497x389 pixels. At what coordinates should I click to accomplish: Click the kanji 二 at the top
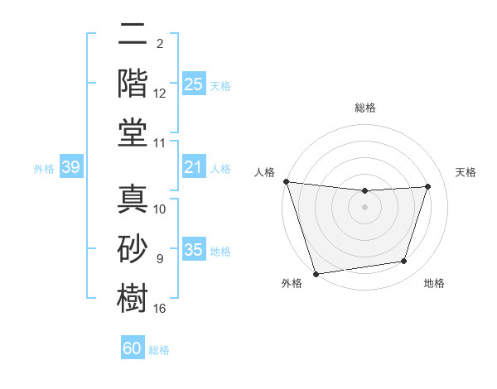tap(133, 36)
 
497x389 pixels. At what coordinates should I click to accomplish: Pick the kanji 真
tap(133, 199)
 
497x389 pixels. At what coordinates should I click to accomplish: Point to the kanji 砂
tap(133, 248)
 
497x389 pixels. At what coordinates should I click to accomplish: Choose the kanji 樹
tap(133, 298)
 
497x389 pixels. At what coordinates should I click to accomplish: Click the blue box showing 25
tap(193, 84)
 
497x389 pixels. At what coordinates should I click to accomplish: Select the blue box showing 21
tap(193, 168)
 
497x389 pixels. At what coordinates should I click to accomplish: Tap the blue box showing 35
tap(193, 251)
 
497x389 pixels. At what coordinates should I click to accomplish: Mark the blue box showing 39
tap(70, 168)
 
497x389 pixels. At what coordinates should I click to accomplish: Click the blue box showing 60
tap(133, 348)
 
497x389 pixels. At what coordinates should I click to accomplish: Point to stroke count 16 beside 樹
tap(160, 309)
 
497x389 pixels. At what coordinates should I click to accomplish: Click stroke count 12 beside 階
tap(160, 94)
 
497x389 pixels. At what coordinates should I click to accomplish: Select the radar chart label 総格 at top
tap(365, 108)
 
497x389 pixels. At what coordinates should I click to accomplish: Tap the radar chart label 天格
tap(466, 172)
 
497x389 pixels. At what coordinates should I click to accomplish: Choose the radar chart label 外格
tap(291, 283)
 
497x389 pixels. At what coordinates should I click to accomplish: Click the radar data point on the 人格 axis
tap(286, 181)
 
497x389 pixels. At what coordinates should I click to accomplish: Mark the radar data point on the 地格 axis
tap(404, 262)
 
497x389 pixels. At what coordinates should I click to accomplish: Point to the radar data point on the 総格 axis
tap(364, 191)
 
